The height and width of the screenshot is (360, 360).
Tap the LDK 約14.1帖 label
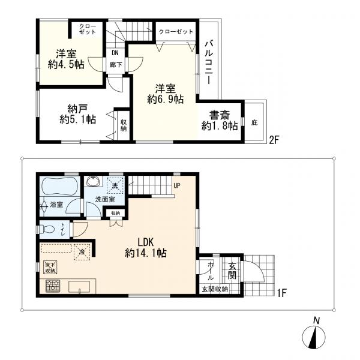[146, 247]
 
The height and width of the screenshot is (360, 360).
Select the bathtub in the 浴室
[59, 187]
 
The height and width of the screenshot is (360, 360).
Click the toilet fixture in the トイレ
[46, 229]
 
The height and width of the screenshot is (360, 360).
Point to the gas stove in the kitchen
[53, 286]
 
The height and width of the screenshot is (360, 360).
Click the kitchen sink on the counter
[79, 287]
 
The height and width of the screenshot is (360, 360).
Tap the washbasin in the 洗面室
[94, 181]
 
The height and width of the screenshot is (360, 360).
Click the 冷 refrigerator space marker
[82, 251]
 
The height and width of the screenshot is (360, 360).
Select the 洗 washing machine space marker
[115, 185]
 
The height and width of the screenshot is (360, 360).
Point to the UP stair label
[177, 185]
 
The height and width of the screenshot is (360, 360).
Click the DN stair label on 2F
[115, 53]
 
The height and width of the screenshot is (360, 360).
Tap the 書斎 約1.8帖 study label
[220, 121]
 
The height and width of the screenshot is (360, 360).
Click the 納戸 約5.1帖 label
[77, 114]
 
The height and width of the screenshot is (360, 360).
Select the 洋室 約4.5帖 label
[66, 59]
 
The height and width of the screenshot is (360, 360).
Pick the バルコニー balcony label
[209, 62]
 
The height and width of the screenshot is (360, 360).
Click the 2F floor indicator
[274, 140]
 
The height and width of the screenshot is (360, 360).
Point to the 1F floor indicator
[281, 293]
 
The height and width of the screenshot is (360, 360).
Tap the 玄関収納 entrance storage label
[215, 289]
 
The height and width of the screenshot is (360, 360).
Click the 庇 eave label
[254, 123]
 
